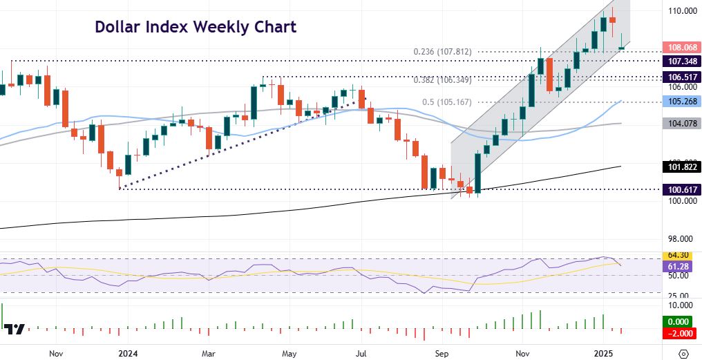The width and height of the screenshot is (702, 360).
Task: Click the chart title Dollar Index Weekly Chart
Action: [x=196, y=27]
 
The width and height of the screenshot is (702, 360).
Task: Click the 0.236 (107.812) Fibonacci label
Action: [x=443, y=51]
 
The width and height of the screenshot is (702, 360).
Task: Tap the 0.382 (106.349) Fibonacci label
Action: [x=443, y=79]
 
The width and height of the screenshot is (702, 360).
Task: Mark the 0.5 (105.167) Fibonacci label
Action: [x=447, y=102]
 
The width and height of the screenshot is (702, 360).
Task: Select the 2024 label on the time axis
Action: [x=129, y=352]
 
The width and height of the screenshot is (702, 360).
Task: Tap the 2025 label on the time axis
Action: [x=603, y=352]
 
